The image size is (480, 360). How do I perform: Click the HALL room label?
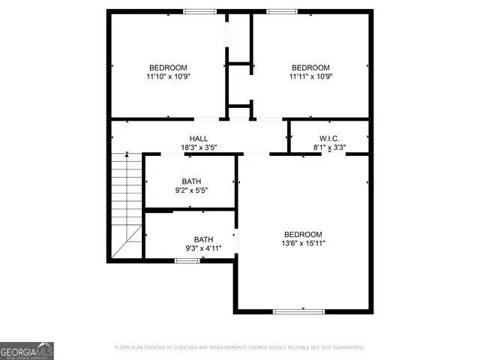click(199, 138)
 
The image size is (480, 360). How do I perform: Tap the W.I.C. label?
click(329, 138)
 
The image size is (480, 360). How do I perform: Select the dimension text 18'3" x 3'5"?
click(199, 148)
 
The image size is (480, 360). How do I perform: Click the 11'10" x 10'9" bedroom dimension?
click(168, 76)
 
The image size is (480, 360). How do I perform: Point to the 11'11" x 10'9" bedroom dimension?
click(310, 76)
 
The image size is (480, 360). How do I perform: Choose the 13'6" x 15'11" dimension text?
click(303, 243)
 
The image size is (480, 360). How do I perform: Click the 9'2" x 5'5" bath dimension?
click(191, 190)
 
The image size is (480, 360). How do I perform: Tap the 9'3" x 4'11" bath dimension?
click(203, 248)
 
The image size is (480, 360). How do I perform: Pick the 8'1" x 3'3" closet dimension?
click(329, 148)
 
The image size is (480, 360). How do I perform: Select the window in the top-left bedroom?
click(199, 11)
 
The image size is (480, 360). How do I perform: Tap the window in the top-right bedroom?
click(282, 11)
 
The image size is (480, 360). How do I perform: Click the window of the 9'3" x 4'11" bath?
click(187, 261)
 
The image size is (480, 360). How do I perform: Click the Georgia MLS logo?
click(27, 351)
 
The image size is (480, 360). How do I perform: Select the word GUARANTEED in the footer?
click(344, 348)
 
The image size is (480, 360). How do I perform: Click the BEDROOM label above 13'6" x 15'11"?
click(303, 234)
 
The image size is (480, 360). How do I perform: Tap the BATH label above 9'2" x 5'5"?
click(191, 181)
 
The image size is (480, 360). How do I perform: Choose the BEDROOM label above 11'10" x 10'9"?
click(168, 67)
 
